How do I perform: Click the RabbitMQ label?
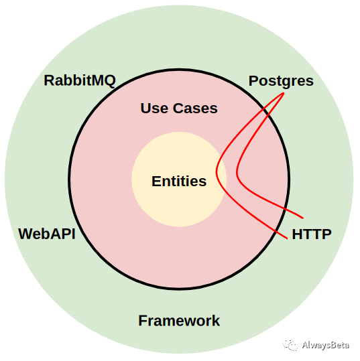pos(80,80)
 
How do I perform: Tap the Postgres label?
pos(281,82)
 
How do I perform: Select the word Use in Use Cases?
pos(154,109)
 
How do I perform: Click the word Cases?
pos(195,109)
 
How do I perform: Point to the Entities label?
pos(179,182)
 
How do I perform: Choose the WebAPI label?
pos(47,234)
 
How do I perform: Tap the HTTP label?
pos(312,234)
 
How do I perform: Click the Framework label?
pos(179,320)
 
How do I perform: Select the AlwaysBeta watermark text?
pos(325,345)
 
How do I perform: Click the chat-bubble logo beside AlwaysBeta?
pos(290,345)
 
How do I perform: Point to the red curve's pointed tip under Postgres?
pos(284,93)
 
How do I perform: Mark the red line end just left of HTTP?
pos(287,238)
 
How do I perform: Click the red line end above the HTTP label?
pos(303,218)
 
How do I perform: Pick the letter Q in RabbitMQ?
pos(109,81)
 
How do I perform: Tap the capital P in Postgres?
pos(253,81)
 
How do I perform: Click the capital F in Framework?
pos(143,320)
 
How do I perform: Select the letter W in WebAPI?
pos(26,234)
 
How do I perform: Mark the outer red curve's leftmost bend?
pos(217,171)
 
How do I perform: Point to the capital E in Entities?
pos(156,182)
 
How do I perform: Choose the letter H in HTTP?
pos(297,234)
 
